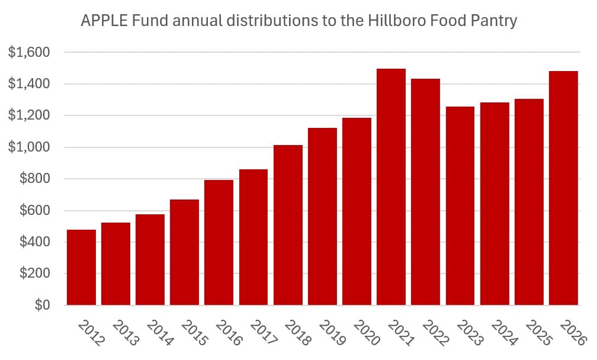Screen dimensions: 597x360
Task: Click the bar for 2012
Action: click(82, 267)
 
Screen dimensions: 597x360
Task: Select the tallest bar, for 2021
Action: click(391, 187)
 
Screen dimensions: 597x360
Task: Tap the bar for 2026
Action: click(563, 188)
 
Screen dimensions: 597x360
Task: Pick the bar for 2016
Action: click(219, 242)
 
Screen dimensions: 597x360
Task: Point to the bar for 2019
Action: click(322, 217)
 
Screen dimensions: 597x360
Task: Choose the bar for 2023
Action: click(460, 206)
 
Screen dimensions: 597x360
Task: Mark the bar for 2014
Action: click(150, 259)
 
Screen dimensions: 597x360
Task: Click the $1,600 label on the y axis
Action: click(29, 52)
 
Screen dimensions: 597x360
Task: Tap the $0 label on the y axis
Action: click(42, 305)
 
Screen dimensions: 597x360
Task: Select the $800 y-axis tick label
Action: click(35, 178)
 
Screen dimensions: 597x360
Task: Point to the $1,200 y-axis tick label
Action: click(29, 115)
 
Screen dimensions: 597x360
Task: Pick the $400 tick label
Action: click(35, 242)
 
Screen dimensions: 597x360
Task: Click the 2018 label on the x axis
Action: click(298, 333)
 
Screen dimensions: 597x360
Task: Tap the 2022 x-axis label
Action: click(436, 333)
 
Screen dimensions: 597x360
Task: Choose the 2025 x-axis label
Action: click(539, 333)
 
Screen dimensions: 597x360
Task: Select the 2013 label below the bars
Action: click(126, 333)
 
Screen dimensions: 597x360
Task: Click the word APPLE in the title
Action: click(105, 21)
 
